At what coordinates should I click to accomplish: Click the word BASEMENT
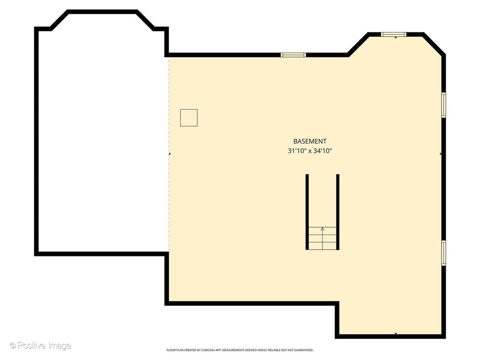click(310, 141)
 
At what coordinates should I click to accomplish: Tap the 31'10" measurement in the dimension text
click(296, 151)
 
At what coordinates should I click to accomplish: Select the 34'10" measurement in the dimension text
click(322, 151)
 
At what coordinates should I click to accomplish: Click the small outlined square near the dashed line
click(189, 118)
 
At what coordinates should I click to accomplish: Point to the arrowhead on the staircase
click(322, 229)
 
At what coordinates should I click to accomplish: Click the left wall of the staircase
click(307, 212)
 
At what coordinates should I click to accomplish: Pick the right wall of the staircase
click(337, 212)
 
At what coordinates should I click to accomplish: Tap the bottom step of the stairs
click(322, 246)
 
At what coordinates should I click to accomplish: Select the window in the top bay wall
click(394, 34)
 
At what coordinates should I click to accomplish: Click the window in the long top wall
click(293, 55)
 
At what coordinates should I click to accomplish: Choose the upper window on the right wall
click(444, 105)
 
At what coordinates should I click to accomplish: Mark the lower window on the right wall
click(444, 253)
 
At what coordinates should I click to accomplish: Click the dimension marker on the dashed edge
click(169, 154)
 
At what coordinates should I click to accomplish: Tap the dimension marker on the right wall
click(441, 154)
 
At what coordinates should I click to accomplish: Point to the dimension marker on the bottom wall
click(396, 340)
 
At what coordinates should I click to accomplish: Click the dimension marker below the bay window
click(396, 37)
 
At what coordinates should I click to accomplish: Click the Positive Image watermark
click(40, 346)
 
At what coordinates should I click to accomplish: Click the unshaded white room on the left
click(102, 140)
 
